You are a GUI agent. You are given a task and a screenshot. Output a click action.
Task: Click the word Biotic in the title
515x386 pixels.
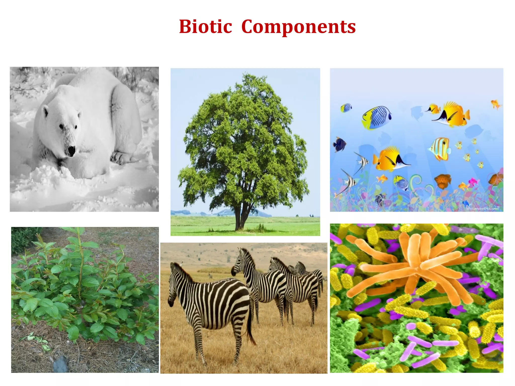[205, 27]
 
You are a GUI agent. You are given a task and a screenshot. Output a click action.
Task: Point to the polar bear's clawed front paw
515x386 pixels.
[121, 157]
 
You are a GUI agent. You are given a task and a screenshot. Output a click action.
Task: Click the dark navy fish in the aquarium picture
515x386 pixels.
[339, 145]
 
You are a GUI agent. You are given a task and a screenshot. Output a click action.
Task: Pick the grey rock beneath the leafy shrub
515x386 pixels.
[61, 363]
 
